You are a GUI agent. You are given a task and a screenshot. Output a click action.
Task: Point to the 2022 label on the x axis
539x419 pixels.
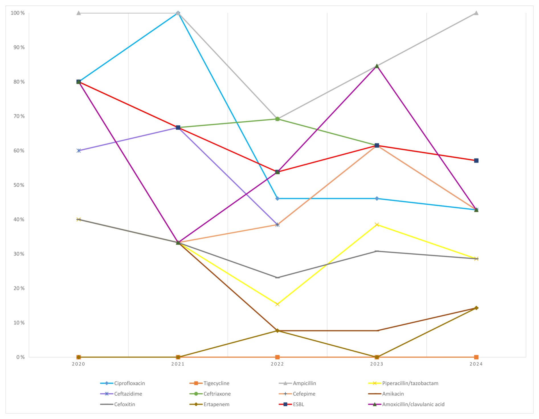[x=277, y=364]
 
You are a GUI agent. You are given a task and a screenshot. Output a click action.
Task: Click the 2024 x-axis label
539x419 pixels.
[x=476, y=364]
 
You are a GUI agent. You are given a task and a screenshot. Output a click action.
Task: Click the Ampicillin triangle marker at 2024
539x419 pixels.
[x=476, y=13]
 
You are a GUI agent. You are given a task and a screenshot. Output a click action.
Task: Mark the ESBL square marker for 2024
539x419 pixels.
[x=476, y=161]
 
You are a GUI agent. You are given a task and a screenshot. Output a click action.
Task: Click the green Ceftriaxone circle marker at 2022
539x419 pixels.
[x=277, y=119]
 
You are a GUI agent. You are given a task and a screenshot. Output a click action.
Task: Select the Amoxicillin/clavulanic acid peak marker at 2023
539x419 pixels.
[x=377, y=66]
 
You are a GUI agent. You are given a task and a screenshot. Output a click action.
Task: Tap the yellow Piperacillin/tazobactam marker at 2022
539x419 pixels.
[x=277, y=304]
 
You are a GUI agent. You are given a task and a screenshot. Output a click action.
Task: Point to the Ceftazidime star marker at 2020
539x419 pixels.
[x=79, y=151]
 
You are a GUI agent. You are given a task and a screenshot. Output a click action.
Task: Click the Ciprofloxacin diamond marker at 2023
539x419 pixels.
[x=377, y=198]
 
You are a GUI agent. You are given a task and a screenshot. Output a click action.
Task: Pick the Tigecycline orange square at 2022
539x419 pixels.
[x=277, y=357]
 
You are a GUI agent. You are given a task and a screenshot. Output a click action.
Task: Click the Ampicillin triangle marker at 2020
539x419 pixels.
[x=79, y=13]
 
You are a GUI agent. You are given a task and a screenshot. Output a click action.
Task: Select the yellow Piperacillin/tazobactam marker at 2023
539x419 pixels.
[x=377, y=225]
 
